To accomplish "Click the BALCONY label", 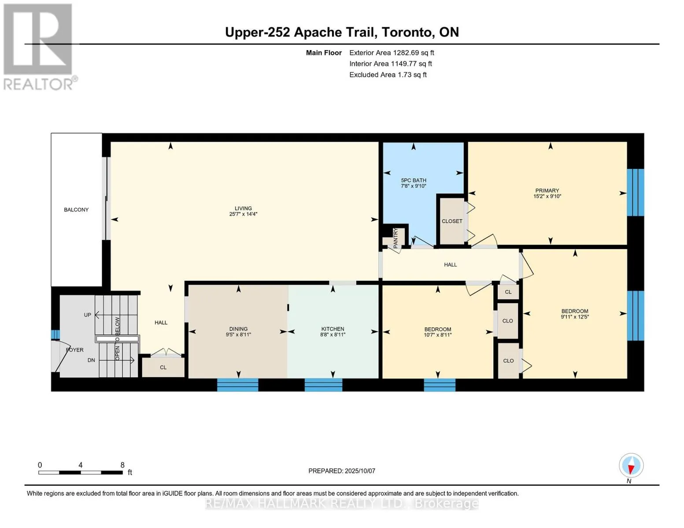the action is pyautogui.click(x=76, y=210).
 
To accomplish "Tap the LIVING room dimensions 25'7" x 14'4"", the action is pyautogui.click(x=243, y=214).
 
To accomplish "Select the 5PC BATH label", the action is pyautogui.click(x=414, y=180).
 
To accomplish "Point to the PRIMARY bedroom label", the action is pyautogui.click(x=547, y=191).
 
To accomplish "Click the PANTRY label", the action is pyautogui.click(x=396, y=238).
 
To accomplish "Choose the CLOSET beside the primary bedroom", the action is pyautogui.click(x=452, y=221).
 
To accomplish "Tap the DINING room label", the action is pyautogui.click(x=238, y=329).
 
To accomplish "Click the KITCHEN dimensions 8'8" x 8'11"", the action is pyautogui.click(x=333, y=334).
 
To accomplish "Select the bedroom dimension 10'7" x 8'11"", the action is pyautogui.click(x=437, y=335).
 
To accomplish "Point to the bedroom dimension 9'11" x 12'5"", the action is pyautogui.click(x=575, y=317).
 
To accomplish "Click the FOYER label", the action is pyautogui.click(x=74, y=350).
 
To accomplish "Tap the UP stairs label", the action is pyautogui.click(x=88, y=315).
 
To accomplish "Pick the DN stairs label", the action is pyautogui.click(x=91, y=360).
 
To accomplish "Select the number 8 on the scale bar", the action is pyautogui.click(x=122, y=465).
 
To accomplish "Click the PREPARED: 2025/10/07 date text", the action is pyautogui.click(x=342, y=471).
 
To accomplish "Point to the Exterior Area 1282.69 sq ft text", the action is pyautogui.click(x=392, y=53).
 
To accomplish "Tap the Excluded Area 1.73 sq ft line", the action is pyautogui.click(x=388, y=75).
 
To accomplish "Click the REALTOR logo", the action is pyautogui.click(x=40, y=47).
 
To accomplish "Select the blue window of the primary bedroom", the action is pyautogui.click(x=635, y=192).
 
